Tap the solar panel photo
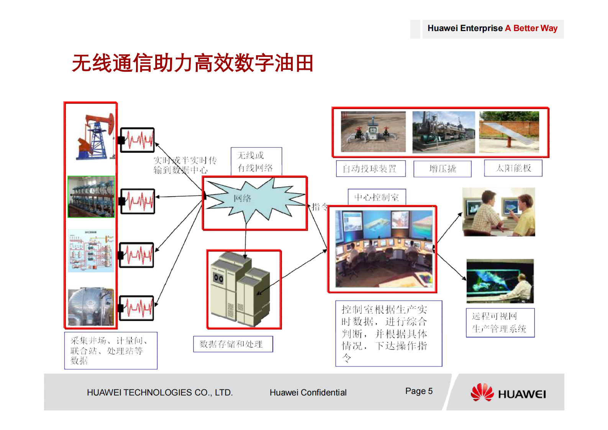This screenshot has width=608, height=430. (x=509, y=132)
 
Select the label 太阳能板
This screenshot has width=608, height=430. (x=513, y=168)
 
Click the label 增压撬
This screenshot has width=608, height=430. (x=442, y=169)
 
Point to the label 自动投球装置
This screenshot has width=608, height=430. (x=370, y=169)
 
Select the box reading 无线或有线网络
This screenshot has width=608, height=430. (x=256, y=161)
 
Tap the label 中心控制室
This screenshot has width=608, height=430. (x=377, y=197)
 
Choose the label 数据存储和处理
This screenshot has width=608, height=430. (x=233, y=344)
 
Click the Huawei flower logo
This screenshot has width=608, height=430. (x=482, y=392)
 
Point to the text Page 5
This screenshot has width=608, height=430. (x=419, y=391)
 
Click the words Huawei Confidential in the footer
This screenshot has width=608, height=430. (x=308, y=393)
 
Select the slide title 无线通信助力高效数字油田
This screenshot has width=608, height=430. (x=193, y=63)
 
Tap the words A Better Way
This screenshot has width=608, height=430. (x=531, y=28)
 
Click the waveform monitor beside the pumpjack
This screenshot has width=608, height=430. (x=138, y=140)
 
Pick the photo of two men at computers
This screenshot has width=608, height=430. (x=498, y=212)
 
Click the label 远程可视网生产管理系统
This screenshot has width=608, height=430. (x=500, y=323)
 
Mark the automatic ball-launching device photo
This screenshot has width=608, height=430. (x=373, y=132)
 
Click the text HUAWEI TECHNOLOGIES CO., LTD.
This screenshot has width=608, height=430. (x=160, y=393)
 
